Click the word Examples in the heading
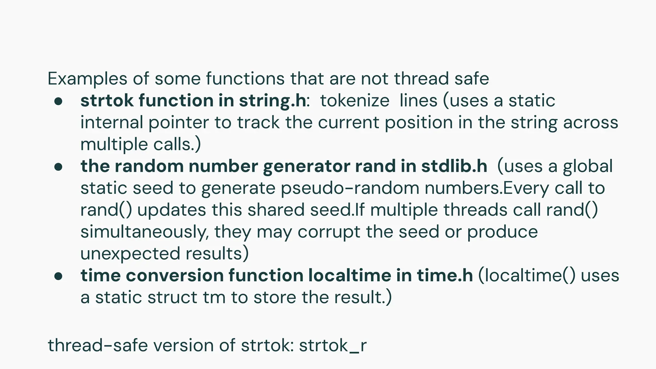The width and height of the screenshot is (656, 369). point(87,79)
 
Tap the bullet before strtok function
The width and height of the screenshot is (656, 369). point(58,102)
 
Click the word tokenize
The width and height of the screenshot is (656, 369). point(355,101)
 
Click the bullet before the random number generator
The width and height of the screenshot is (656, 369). point(58,167)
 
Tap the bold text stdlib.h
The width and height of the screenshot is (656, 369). point(454,166)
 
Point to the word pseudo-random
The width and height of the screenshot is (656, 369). point(350,188)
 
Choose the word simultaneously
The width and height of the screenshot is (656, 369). point(144,232)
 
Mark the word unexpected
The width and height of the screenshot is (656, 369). point(130,254)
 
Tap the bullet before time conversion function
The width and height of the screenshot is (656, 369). point(58,276)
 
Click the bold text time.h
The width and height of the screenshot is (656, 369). point(445,275)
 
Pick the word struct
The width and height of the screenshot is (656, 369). point(173,298)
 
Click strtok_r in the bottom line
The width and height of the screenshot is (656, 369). point(332,346)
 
